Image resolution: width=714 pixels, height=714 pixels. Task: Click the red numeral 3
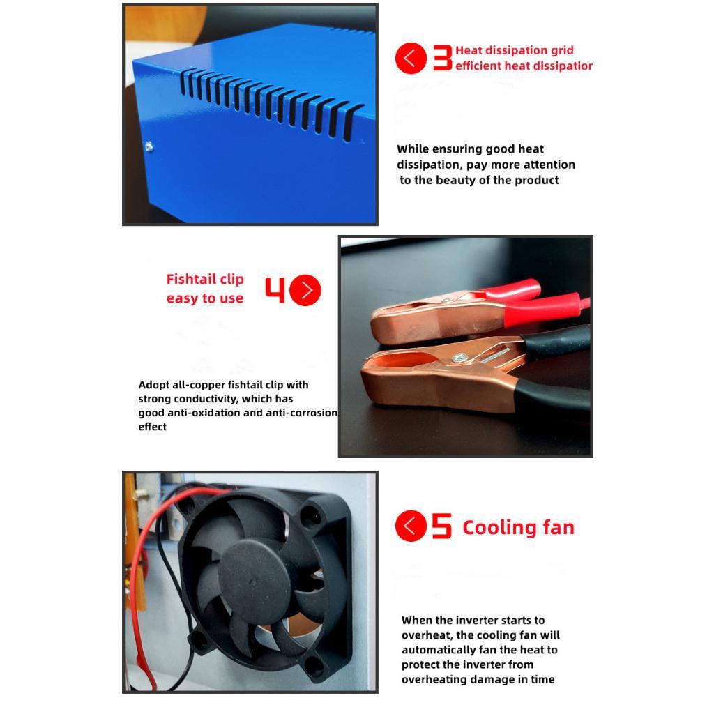[443, 58]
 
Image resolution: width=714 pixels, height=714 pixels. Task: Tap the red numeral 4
[275, 289]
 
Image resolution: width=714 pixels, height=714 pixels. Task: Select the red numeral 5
[441, 526]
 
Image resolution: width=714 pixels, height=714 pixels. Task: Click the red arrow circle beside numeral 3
[411, 59]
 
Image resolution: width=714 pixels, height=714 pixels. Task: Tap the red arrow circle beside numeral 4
[305, 290]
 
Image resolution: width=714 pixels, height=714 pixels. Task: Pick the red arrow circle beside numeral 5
[411, 526]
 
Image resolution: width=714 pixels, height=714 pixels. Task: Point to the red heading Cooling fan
[518, 527]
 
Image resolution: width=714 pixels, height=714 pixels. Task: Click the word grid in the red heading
[563, 50]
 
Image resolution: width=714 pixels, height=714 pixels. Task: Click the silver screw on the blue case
[149, 146]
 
